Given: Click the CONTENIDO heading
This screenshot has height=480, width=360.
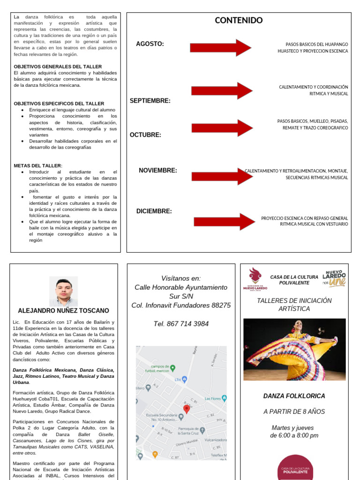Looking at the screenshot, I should click(x=239, y=20).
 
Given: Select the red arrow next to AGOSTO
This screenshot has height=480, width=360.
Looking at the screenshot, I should click(x=221, y=47).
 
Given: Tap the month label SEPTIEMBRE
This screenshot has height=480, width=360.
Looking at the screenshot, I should click(x=150, y=101).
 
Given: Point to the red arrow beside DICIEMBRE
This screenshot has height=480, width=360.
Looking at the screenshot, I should click(x=224, y=222).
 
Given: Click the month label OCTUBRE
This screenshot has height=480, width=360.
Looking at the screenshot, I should click(x=145, y=135).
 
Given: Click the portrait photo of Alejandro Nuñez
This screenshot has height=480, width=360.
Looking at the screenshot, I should click(x=63, y=291).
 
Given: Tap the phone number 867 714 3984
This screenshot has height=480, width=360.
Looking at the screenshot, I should click(x=181, y=324).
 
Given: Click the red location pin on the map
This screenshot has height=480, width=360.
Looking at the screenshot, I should click(x=187, y=409).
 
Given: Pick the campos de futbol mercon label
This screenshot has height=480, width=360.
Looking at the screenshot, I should click(x=160, y=369).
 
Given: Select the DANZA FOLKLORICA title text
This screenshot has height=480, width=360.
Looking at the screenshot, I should click(x=294, y=396).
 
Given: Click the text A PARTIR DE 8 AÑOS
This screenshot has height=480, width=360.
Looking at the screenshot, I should click(x=294, y=412).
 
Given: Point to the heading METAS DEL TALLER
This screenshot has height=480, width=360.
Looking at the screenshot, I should click(x=38, y=165).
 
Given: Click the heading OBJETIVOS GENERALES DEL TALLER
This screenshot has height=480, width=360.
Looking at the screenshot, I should click(x=58, y=67).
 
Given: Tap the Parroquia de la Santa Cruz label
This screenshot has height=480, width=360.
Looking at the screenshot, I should click(x=191, y=431).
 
